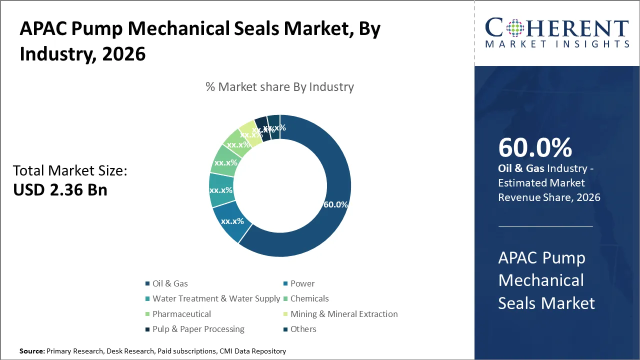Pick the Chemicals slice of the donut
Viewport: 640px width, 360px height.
223,162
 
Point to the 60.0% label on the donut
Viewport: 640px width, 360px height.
335,205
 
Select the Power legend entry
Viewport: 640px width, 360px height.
302,283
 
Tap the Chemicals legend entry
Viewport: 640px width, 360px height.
309,298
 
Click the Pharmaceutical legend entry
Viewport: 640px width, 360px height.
181,314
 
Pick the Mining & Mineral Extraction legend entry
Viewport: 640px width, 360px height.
344,314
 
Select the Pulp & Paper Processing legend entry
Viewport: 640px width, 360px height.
198,329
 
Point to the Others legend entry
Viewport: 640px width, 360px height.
303,329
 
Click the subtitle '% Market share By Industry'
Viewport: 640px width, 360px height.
279,87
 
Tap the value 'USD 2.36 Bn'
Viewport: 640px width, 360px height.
60,189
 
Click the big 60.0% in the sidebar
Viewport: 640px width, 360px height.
535,147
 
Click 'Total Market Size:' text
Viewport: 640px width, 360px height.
70,171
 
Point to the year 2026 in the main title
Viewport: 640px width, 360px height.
123,53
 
